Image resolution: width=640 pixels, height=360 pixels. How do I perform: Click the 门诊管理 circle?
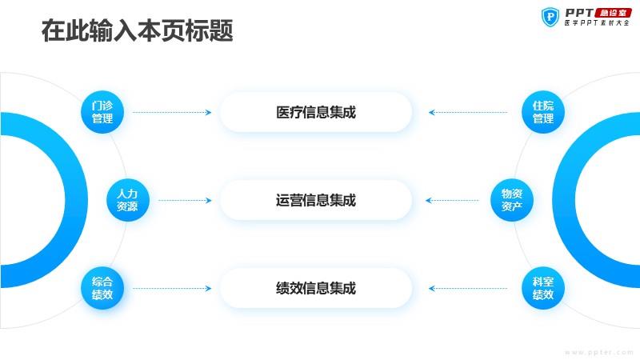tap(102, 112)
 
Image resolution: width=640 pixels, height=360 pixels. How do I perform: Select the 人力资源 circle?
tap(128, 200)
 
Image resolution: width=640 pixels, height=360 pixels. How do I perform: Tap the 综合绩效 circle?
tap(102, 288)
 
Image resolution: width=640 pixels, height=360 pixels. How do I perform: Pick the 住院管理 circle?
tap(543, 112)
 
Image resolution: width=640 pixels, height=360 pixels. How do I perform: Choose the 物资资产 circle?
tap(512, 200)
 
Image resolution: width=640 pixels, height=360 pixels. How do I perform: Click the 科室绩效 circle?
tap(543, 288)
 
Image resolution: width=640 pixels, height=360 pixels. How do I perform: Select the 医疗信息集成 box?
tap(316, 112)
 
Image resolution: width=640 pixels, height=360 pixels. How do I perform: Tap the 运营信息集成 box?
tap(316, 200)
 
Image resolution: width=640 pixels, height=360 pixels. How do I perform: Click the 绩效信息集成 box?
tap(316, 288)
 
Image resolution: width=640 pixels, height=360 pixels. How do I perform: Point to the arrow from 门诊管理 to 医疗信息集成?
tap(172, 112)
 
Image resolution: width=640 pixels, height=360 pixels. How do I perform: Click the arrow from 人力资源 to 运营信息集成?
tap(185, 201)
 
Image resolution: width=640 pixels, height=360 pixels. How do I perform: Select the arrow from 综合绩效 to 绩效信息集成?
tap(172, 289)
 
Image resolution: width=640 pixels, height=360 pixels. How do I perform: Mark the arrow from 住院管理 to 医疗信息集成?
tap(468, 112)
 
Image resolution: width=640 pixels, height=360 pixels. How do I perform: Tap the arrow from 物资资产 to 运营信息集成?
tap(452, 201)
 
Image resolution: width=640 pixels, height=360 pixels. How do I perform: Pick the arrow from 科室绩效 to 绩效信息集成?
tap(468, 289)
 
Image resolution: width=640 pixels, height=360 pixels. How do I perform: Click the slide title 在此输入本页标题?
tap(137, 30)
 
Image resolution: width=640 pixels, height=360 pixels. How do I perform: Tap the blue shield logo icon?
tap(550, 17)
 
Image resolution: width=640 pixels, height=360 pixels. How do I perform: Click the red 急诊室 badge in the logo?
tap(614, 13)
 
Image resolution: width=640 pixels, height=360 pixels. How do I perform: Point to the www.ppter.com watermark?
tap(598, 352)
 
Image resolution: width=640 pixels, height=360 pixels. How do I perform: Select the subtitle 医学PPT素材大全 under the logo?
tap(597, 23)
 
